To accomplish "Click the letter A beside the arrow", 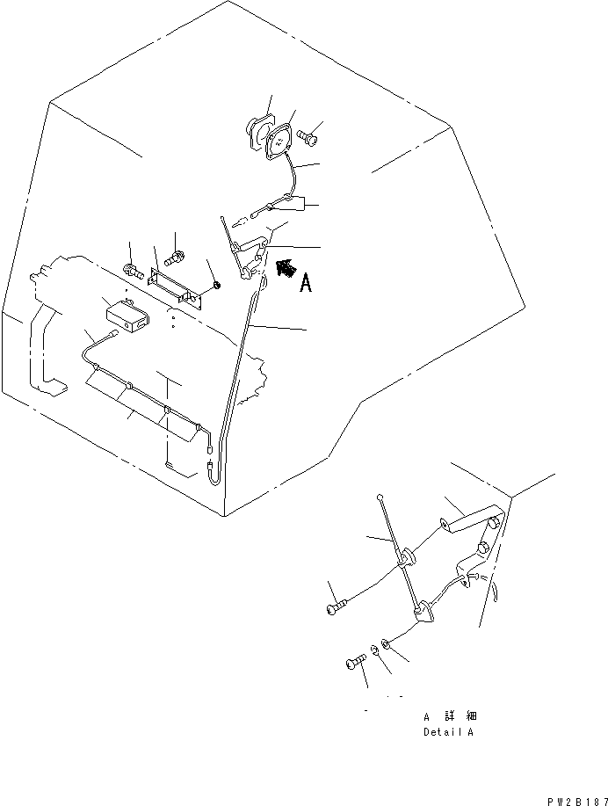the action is click(306, 283).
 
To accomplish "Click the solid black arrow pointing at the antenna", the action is click(286, 268).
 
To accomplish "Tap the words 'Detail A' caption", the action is click(448, 732).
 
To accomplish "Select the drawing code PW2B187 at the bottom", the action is click(577, 802).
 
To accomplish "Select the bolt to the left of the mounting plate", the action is click(133, 270).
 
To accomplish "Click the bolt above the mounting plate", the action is click(175, 255).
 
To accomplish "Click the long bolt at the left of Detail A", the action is click(337, 606).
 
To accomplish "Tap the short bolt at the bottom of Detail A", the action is click(356, 661).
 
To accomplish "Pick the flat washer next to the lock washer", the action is click(385, 643).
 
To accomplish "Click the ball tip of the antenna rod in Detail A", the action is click(380, 497).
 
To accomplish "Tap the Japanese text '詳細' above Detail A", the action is click(461, 715).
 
